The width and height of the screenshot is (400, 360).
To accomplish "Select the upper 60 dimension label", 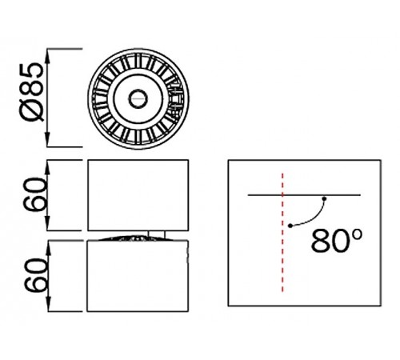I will [33, 194].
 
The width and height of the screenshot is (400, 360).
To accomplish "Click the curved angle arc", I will [312, 215].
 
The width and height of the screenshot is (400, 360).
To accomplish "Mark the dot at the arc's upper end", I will [324, 198].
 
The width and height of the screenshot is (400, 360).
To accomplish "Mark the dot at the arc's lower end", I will [290, 227].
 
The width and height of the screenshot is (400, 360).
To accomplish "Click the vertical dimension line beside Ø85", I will [51, 98].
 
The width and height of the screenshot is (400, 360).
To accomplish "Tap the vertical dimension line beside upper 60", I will [51, 194].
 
